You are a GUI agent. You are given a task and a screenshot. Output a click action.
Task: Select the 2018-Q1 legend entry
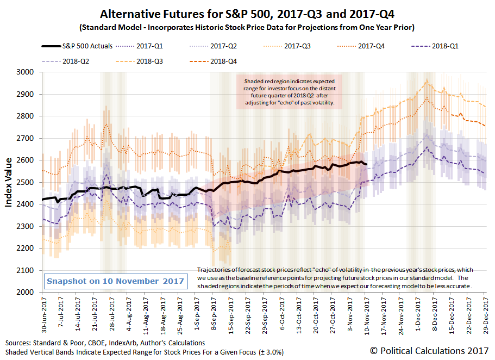tap(441, 46)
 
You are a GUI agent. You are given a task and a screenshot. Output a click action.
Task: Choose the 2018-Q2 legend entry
tap(77, 61)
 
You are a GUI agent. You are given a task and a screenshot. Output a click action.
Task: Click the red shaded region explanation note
tap(289, 91)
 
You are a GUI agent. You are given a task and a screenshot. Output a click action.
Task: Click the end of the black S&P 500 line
tap(367, 164)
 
